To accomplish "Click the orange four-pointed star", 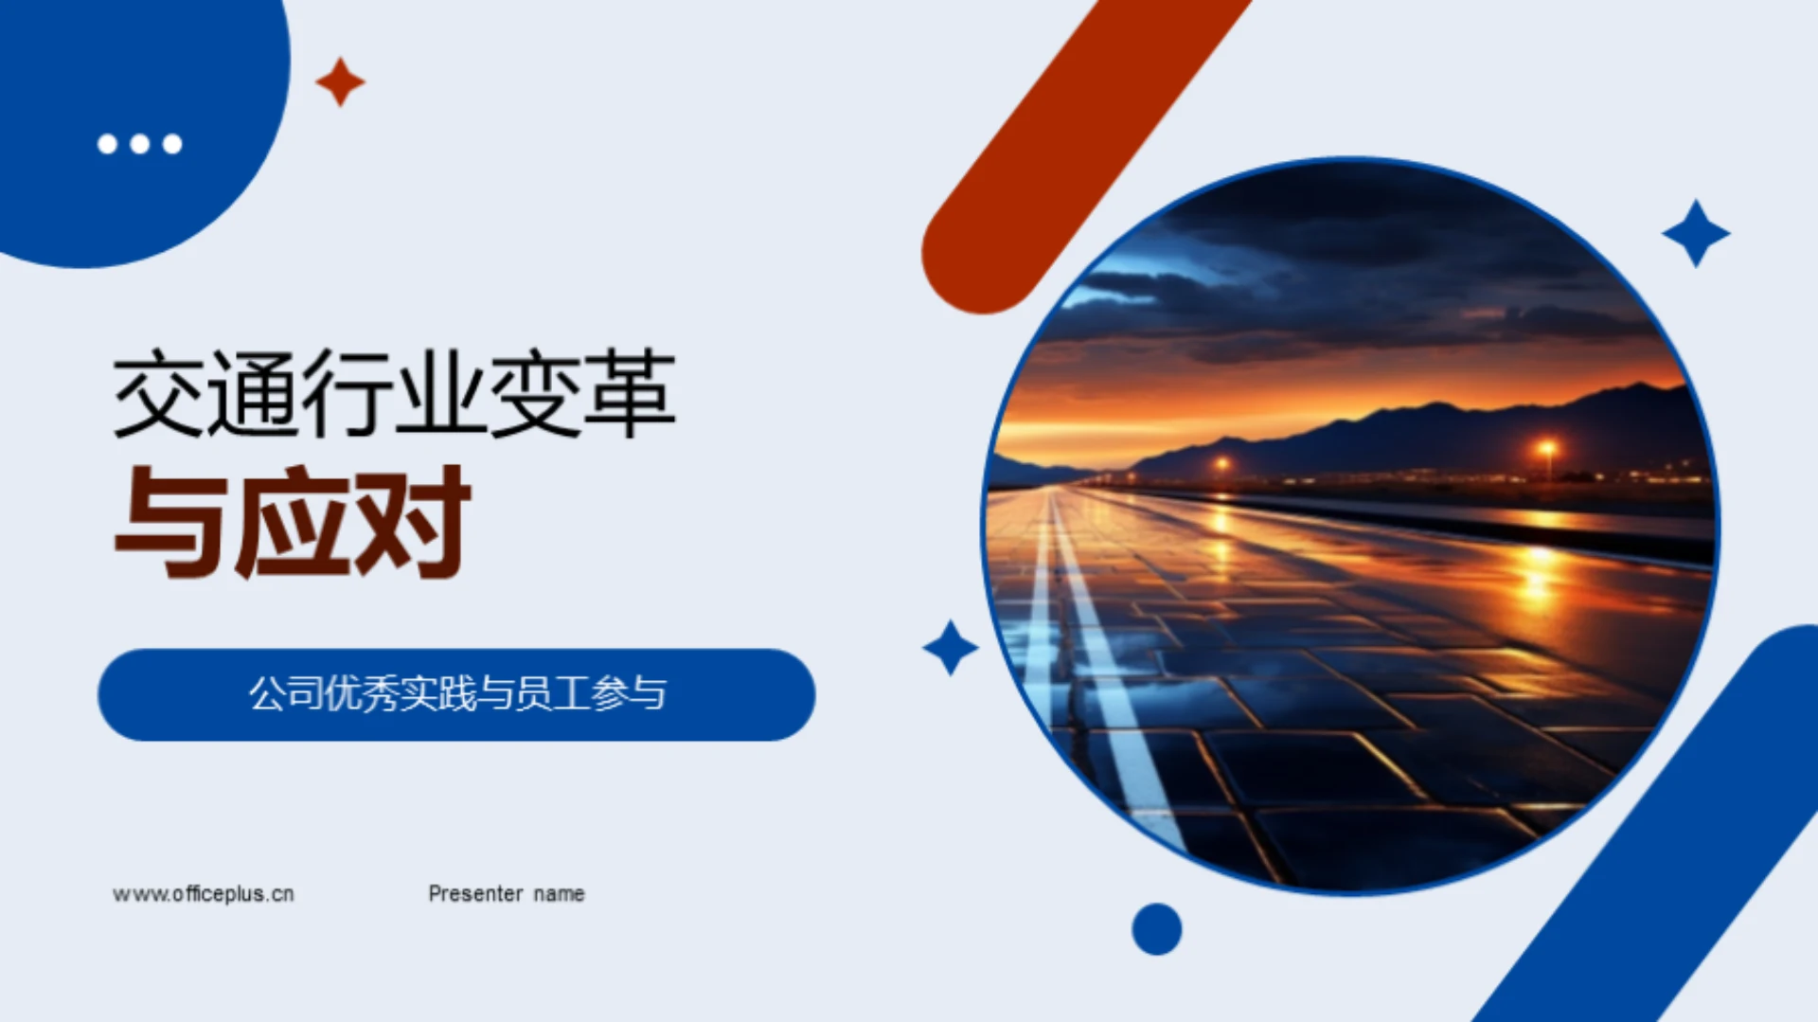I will (x=340, y=81).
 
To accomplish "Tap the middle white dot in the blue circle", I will (x=140, y=144).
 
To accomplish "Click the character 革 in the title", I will (x=630, y=394).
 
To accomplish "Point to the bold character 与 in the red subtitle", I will (x=170, y=522).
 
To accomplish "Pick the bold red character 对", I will (x=412, y=522).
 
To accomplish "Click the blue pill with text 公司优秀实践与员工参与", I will (x=456, y=694).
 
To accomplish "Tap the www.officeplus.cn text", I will (x=204, y=894).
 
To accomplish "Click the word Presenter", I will (x=475, y=894).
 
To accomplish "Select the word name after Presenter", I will (x=559, y=894).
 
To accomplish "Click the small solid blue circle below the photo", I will (x=1156, y=929).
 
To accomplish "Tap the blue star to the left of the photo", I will (x=950, y=648).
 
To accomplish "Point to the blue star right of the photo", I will (x=1696, y=233).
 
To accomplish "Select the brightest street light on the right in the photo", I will (x=1546, y=447).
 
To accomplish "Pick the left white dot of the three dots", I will (x=108, y=144).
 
